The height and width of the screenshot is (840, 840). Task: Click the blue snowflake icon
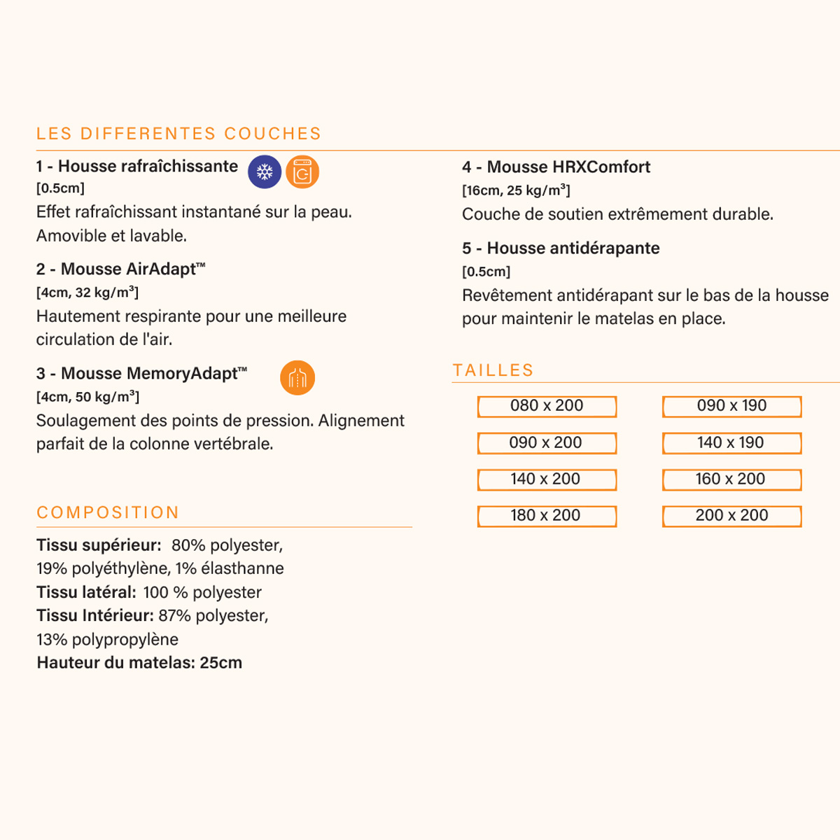(265, 171)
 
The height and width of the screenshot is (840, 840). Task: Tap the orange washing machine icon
(302, 171)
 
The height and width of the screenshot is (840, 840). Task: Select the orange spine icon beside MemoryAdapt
(297, 378)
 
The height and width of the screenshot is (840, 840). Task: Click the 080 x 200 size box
(547, 406)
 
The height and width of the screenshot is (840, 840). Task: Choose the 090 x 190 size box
(731, 406)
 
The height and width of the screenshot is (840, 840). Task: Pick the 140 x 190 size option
(731, 443)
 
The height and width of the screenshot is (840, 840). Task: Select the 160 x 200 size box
(731, 479)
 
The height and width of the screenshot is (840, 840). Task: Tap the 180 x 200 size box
(547, 516)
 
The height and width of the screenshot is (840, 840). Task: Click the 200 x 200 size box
(731, 516)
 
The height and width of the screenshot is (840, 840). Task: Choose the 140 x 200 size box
(547, 479)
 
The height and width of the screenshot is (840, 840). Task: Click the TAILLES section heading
(493, 370)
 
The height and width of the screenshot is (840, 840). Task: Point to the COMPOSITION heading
(108, 512)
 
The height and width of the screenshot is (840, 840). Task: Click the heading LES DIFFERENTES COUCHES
(178, 134)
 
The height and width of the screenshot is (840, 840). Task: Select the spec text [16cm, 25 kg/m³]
(516, 190)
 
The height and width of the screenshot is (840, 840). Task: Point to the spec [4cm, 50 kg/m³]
(87, 397)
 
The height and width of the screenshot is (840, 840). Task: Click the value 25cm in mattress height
(220, 663)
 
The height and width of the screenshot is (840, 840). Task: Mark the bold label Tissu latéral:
(86, 592)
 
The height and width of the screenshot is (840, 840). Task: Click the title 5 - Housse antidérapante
(561, 248)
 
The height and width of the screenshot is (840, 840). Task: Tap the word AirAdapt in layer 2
(162, 269)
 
